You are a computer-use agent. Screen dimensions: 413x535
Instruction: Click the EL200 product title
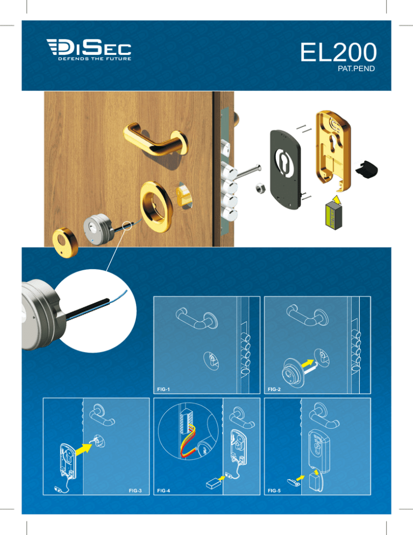(x=338, y=52)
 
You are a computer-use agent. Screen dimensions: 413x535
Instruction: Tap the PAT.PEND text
(x=356, y=68)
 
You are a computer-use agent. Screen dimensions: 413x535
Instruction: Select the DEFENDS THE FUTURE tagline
(x=95, y=59)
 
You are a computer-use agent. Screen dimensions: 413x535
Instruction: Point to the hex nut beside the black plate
(x=260, y=188)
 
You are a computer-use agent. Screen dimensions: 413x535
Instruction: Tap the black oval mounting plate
(x=286, y=170)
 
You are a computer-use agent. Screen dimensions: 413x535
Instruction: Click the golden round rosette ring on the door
(x=156, y=207)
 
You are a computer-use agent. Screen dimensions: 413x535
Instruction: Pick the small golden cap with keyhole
(x=65, y=242)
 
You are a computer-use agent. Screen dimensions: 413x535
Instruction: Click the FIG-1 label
(x=163, y=389)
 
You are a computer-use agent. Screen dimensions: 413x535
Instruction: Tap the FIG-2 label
(x=274, y=389)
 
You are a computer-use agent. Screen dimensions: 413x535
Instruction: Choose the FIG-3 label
(x=135, y=491)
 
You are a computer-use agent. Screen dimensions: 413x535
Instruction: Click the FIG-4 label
(x=163, y=491)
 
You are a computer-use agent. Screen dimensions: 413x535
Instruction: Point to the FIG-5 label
(x=274, y=491)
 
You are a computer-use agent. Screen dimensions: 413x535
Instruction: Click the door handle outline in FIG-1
(x=197, y=318)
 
